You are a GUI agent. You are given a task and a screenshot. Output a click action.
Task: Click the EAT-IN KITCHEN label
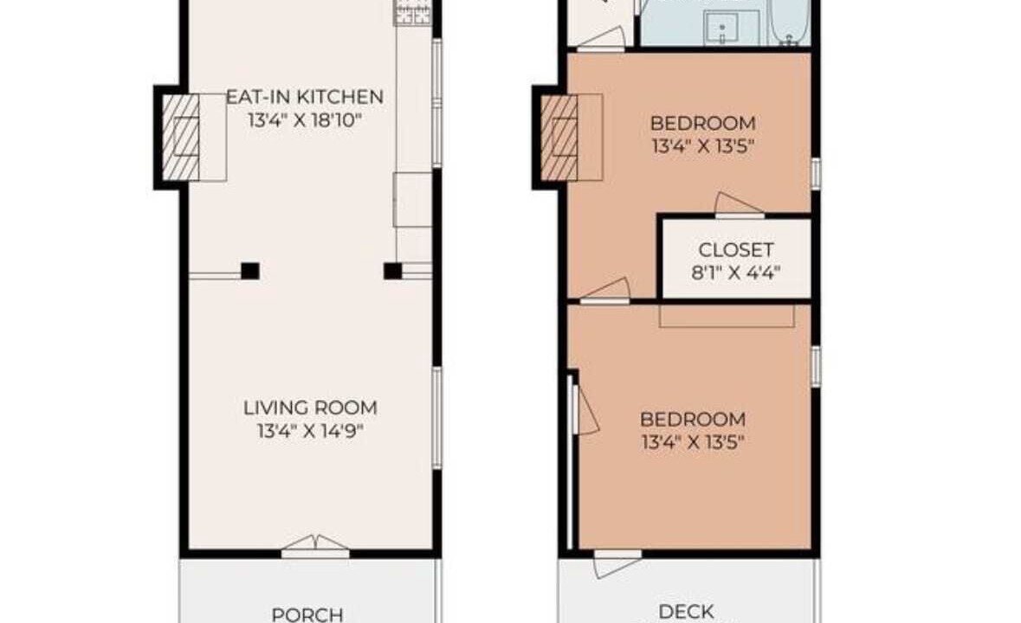coord(304,97)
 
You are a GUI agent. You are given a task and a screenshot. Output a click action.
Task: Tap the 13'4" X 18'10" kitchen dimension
coord(304,120)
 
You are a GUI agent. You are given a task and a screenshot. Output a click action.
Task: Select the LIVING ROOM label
coord(310,408)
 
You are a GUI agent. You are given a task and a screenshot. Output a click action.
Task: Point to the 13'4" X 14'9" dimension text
coord(310,431)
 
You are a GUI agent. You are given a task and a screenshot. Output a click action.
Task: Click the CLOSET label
coord(736,250)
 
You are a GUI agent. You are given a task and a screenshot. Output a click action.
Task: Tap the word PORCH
coord(307,613)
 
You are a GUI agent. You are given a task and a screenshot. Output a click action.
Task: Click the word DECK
coord(687,611)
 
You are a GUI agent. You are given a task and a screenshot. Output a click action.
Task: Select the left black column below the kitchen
coord(250,271)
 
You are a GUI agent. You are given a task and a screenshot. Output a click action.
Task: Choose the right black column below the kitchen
coord(392,271)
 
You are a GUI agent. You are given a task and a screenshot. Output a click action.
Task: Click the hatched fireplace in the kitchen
coord(180,138)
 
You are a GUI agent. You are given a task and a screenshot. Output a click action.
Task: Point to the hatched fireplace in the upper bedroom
coord(559,138)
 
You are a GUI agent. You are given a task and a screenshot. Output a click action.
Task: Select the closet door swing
coord(739,204)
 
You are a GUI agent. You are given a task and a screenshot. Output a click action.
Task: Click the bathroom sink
coord(722,29)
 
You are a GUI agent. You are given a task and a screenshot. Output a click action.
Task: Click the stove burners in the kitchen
coord(412,13)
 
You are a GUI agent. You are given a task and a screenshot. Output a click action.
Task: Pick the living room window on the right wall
coord(437,418)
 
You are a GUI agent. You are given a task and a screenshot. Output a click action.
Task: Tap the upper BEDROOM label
coord(703,123)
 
